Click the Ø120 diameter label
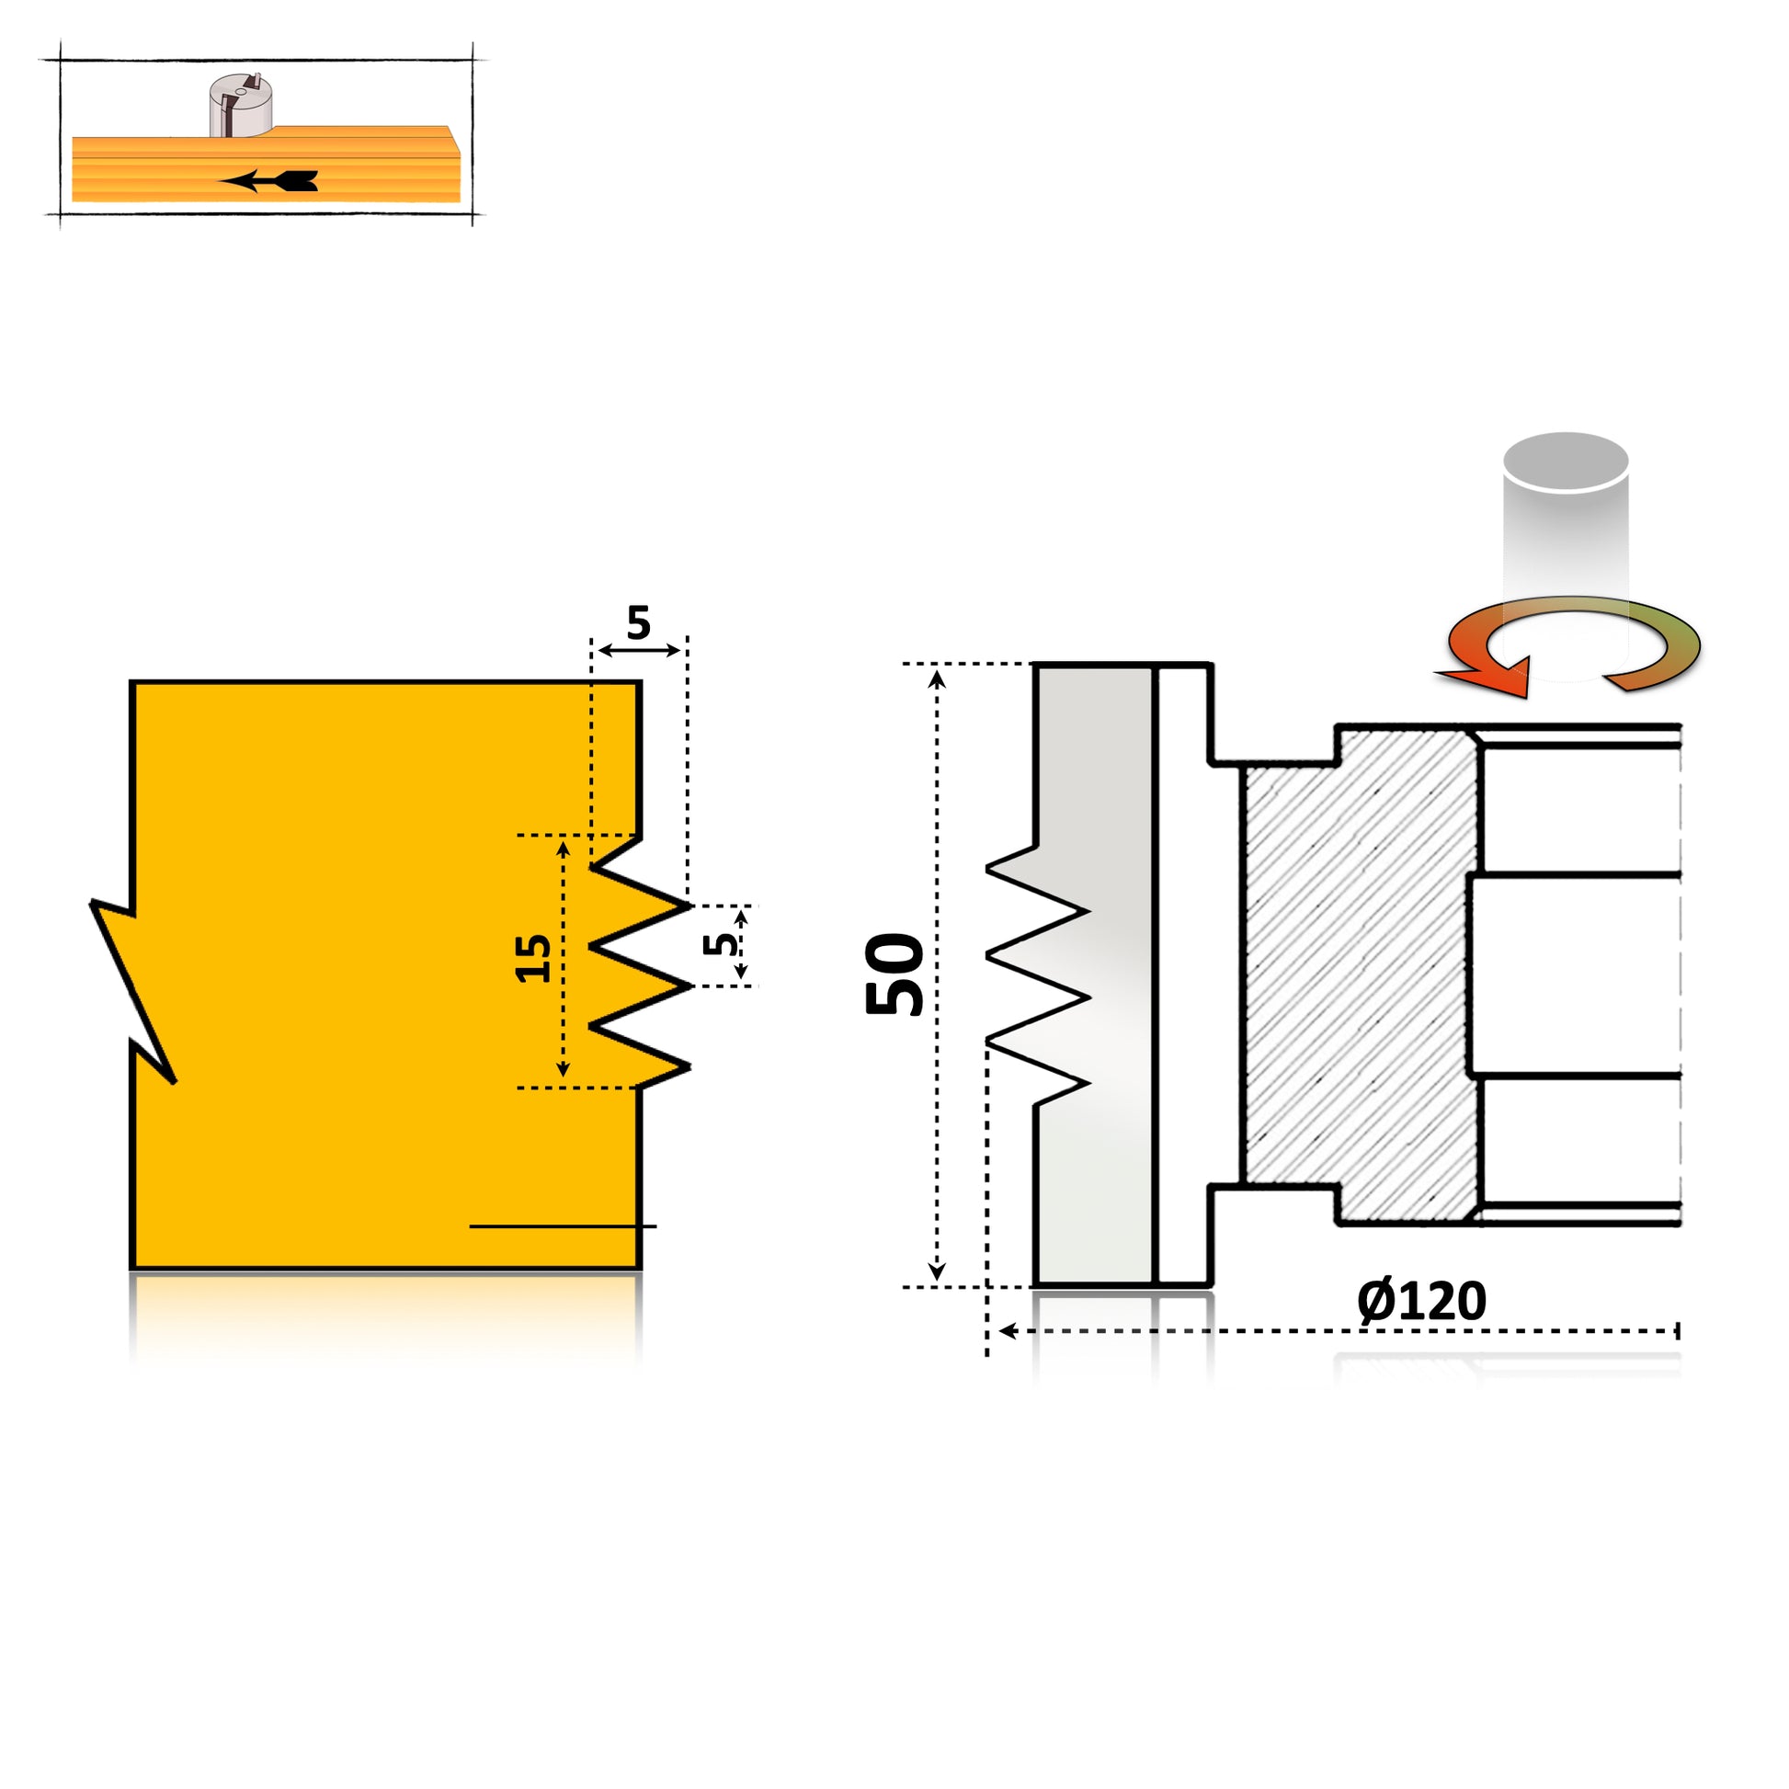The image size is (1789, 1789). (1421, 1301)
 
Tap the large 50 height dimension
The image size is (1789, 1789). (894, 974)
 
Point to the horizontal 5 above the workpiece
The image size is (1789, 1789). (638, 622)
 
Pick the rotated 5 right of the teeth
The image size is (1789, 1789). (721, 944)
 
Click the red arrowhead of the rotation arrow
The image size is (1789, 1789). (1491, 676)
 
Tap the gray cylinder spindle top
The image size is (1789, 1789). (1566, 461)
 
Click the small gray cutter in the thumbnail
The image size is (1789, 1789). (240, 106)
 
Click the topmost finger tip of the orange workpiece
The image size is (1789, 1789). (687, 905)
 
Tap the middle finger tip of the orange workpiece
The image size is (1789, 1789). (687, 986)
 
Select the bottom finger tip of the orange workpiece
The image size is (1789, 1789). (687, 1066)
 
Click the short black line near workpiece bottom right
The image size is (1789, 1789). (563, 1226)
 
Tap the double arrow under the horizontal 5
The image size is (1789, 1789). (639, 650)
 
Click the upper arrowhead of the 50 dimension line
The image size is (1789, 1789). (937, 679)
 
